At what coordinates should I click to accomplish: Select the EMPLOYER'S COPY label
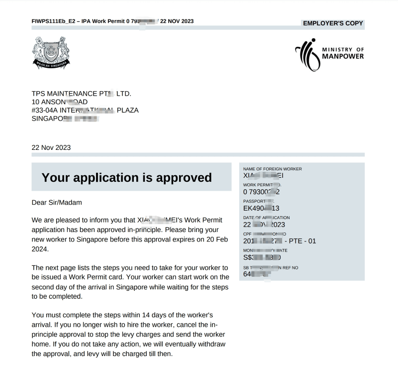333,23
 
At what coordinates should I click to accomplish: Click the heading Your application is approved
126,178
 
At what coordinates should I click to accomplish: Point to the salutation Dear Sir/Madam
56,203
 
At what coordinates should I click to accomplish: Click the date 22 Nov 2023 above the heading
51,147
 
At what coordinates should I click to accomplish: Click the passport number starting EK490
261,208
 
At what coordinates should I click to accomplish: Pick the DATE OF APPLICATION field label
267,218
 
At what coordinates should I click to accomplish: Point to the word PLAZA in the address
127,110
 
